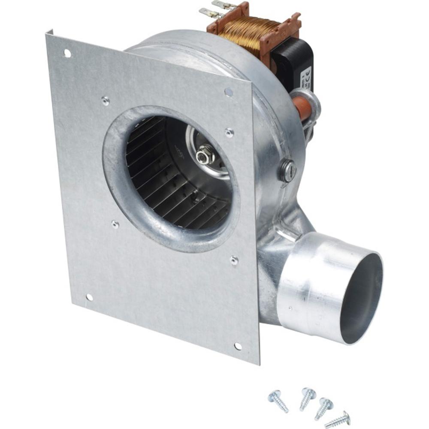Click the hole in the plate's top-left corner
point(67,53)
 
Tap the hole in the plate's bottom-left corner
point(89,297)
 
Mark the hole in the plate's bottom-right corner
point(238,346)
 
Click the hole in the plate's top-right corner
point(229,92)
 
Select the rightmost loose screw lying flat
point(338,420)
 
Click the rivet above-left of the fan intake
point(105,101)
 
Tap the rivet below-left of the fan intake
point(115,224)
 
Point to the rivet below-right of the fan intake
point(234,260)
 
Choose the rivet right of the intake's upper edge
point(230,133)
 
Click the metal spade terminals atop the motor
point(219,9)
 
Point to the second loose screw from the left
point(307,397)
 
